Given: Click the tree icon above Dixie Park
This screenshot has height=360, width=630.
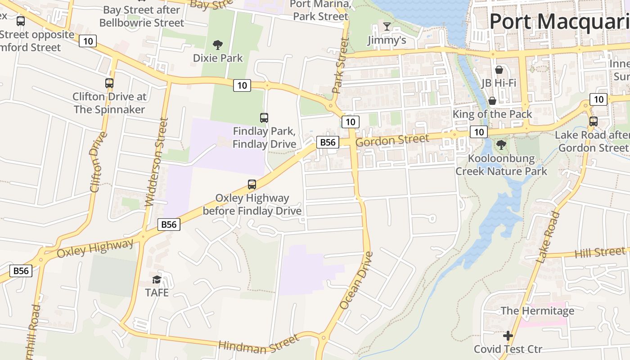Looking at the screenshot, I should pos(218,45).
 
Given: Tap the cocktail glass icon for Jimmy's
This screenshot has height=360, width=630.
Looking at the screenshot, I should pos(387,27).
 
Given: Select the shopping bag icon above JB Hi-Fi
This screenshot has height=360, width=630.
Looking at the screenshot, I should pos(499,70).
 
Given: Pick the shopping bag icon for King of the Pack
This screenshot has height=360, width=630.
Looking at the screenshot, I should pos(492,100).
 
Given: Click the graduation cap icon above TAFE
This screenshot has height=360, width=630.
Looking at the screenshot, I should pos(157,279).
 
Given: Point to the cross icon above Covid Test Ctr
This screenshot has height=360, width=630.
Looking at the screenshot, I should pos(508,336).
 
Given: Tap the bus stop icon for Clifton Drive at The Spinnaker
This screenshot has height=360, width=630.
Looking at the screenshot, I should pos(109,83).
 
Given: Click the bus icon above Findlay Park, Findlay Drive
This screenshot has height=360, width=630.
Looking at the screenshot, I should pos(264,118).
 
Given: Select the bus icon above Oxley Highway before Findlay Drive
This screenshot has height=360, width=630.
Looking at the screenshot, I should pos(252,184).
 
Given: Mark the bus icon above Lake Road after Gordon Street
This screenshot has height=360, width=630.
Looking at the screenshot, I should pos(594,121).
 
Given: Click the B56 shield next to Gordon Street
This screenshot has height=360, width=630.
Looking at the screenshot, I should pos(327,142).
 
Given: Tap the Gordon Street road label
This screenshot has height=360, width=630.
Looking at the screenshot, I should pos(392,140).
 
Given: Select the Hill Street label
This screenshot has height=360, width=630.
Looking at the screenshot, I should pos(600,252).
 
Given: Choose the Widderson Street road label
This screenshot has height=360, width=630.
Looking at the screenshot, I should pos(156,162).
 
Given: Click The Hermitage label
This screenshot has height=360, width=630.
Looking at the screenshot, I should pos(537,310).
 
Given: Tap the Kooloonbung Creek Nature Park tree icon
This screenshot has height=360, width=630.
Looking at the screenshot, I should pos(501,145).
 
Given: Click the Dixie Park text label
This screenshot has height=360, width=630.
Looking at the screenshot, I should pos(218,58).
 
